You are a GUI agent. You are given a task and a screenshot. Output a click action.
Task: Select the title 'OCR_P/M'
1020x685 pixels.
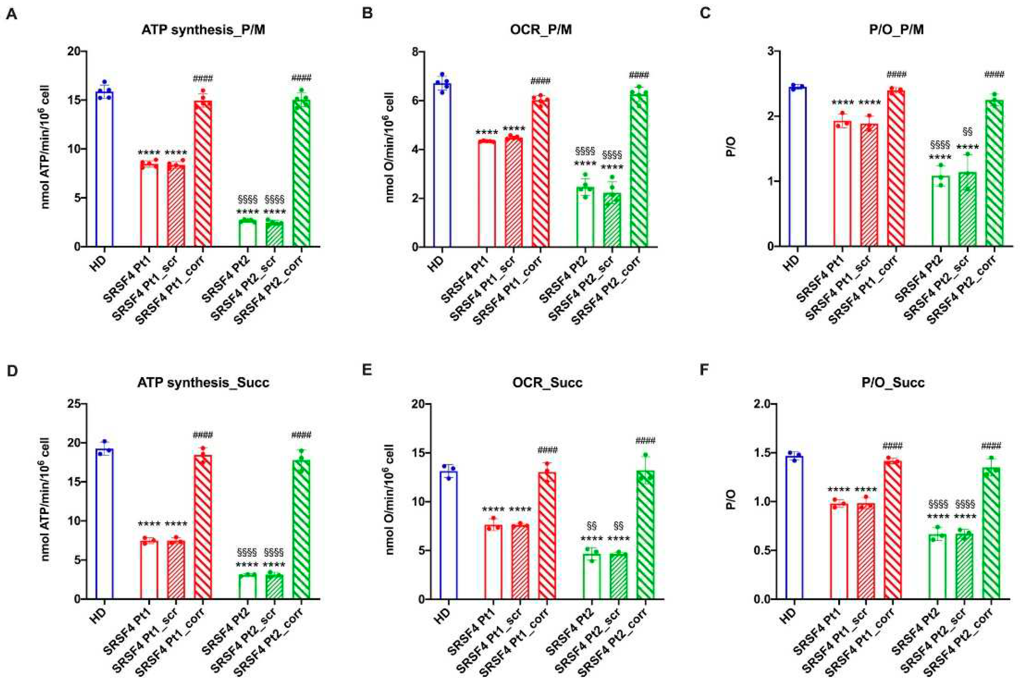coord(541,29)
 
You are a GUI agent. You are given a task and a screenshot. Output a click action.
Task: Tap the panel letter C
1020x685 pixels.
coord(705,13)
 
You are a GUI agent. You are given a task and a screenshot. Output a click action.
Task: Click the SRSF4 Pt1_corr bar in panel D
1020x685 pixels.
coord(203,527)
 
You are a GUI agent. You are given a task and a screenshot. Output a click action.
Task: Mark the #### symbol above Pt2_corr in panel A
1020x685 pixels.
coord(301,78)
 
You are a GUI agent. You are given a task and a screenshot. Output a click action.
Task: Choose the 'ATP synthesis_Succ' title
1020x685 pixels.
coord(203,383)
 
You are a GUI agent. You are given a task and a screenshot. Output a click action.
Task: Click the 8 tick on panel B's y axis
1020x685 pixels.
coord(414,51)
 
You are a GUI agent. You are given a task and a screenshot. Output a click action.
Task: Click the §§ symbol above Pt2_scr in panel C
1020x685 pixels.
coord(967,131)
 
